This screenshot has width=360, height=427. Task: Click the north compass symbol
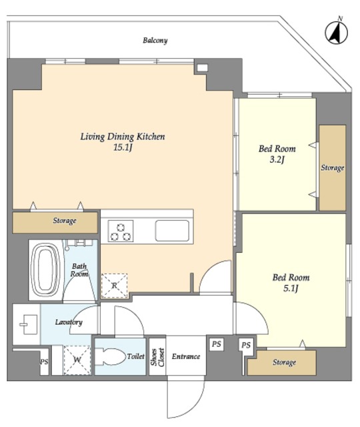[336, 33]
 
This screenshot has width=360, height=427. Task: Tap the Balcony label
[155, 41]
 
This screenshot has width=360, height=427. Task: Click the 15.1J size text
[123, 147]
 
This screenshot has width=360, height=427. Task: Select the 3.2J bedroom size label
[277, 159]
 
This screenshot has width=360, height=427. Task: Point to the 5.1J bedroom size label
[291, 288]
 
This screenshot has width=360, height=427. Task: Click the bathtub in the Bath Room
[45, 270]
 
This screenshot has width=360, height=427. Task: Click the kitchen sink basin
[172, 231]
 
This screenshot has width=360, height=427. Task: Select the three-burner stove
[121, 231]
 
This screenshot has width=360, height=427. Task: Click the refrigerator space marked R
[114, 286]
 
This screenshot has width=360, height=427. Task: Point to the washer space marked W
[77, 360]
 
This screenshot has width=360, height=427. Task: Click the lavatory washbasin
[29, 324]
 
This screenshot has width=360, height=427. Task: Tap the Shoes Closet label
[157, 357]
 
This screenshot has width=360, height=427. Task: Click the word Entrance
[186, 356]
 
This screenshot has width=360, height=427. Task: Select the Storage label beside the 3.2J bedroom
[332, 167]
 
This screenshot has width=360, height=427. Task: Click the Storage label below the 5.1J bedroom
[285, 362]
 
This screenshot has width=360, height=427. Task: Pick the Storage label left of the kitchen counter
[65, 220]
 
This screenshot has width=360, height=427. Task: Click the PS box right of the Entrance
[216, 344]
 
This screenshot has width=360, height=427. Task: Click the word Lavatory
[69, 322]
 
